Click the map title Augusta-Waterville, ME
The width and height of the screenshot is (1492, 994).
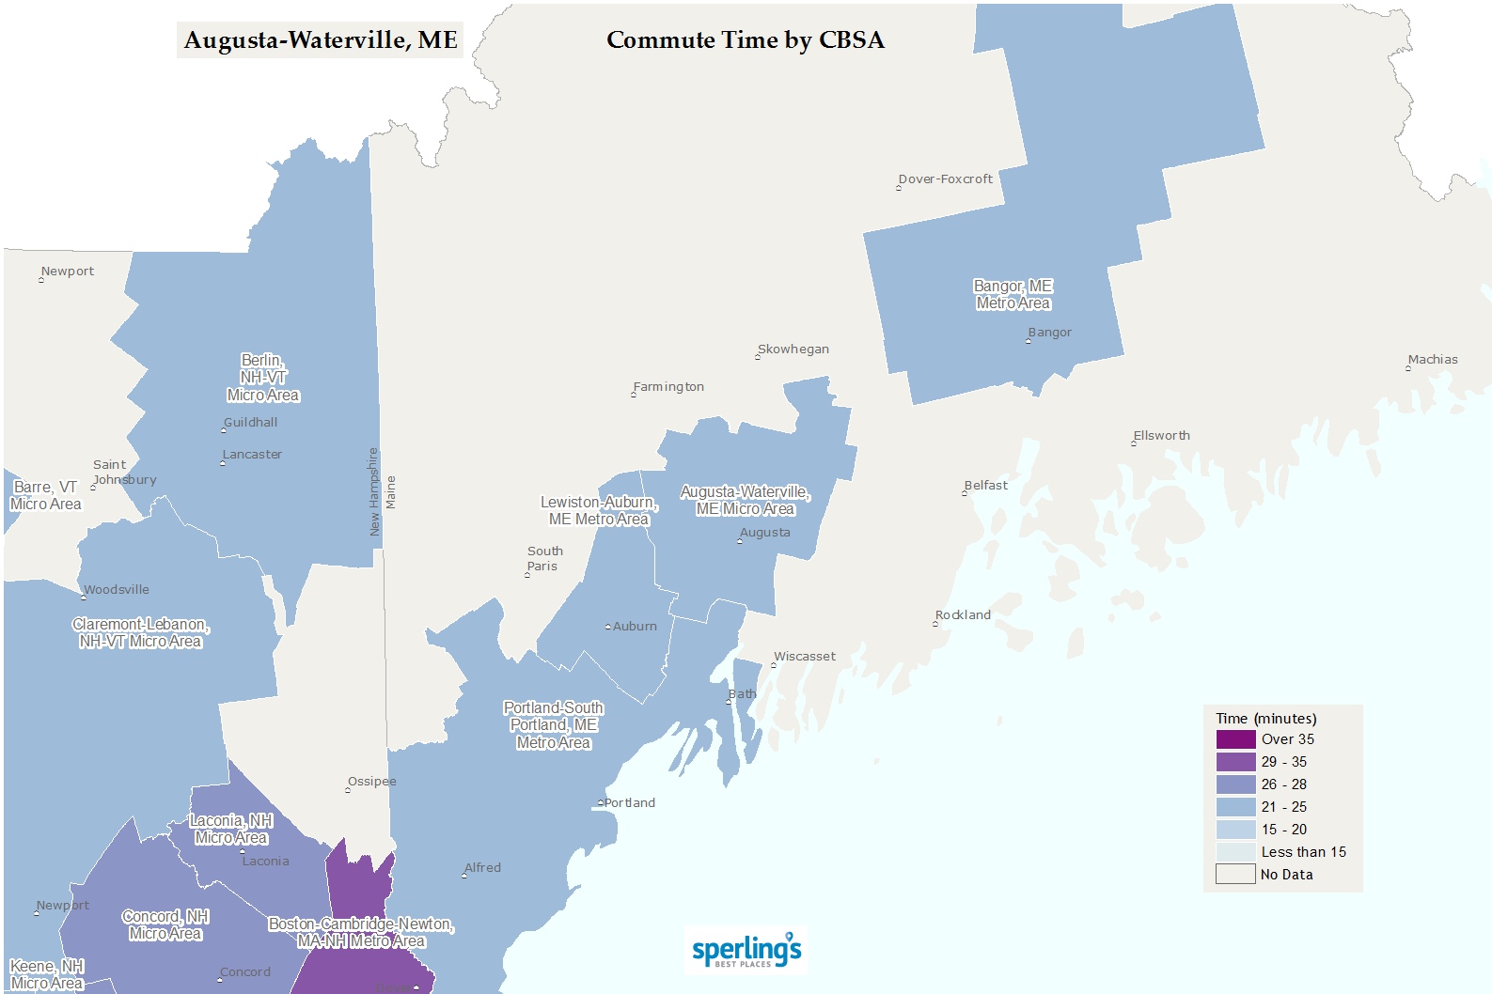(x=320, y=40)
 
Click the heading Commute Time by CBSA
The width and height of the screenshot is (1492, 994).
(x=745, y=40)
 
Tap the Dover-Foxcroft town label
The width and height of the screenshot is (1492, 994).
(x=945, y=179)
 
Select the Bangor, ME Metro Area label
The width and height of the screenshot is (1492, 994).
(x=1013, y=294)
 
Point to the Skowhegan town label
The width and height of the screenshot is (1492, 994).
(x=793, y=349)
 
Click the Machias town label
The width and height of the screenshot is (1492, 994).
(x=1433, y=360)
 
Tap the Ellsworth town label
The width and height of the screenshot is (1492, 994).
(x=1162, y=436)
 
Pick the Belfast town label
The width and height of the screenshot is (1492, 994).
(x=985, y=486)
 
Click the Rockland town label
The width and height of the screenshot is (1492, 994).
(x=963, y=615)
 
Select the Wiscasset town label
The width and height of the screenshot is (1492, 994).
(x=804, y=657)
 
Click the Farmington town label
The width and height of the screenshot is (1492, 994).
(x=668, y=387)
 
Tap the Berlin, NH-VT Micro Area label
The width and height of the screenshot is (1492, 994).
(x=262, y=378)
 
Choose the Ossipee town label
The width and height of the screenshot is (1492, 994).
(x=371, y=782)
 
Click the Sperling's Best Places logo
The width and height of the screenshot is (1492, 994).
(x=746, y=950)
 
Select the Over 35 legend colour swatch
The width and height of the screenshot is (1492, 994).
(x=1235, y=739)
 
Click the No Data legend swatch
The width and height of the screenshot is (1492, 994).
(x=1235, y=875)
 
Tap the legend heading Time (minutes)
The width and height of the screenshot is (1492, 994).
(x=1265, y=719)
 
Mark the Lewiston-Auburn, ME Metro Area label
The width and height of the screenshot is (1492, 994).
(x=599, y=511)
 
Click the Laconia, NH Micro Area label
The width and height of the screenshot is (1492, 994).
(x=231, y=830)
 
